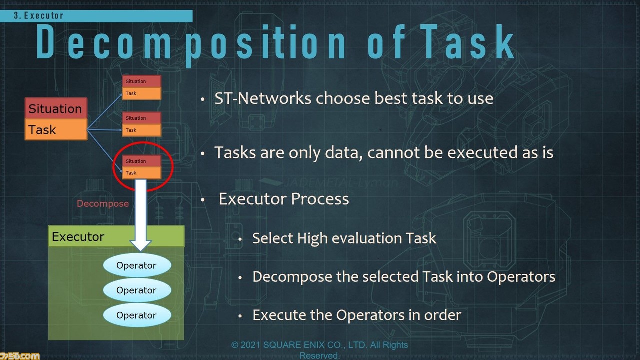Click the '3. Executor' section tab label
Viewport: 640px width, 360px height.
(x=39, y=15)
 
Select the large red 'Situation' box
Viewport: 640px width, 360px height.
(x=56, y=108)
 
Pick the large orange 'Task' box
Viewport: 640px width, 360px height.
(x=56, y=129)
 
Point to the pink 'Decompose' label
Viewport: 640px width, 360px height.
(x=103, y=203)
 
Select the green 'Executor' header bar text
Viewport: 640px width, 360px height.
(x=78, y=237)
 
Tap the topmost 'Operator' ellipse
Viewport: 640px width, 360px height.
(x=137, y=265)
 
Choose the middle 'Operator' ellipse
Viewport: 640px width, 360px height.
(x=137, y=290)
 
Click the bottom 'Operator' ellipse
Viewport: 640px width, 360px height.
(x=137, y=315)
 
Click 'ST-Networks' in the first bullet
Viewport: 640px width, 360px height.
(x=263, y=98)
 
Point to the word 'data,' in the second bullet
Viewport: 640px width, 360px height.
(x=344, y=153)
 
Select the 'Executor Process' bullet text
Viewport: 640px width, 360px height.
(x=284, y=199)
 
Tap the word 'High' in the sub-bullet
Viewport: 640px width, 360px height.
(x=312, y=238)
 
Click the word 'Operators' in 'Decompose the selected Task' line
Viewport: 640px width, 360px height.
(x=521, y=277)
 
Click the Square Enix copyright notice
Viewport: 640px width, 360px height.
(x=319, y=350)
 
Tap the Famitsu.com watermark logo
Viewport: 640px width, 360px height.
(x=19, y=356)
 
